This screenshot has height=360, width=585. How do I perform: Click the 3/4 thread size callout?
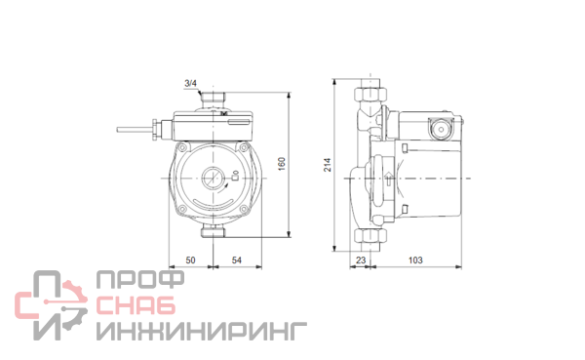190,83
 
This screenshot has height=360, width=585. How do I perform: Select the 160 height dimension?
282,164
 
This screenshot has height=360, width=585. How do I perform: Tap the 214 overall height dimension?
328,165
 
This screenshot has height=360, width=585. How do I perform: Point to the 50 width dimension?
190,260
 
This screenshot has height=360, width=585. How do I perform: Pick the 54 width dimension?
237,260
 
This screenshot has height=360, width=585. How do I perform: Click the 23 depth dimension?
361,260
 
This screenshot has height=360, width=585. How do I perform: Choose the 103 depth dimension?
415,260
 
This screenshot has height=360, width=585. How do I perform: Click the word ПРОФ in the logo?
140,280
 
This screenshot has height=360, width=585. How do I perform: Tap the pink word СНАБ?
136,305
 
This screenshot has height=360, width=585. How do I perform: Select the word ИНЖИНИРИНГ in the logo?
202,332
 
